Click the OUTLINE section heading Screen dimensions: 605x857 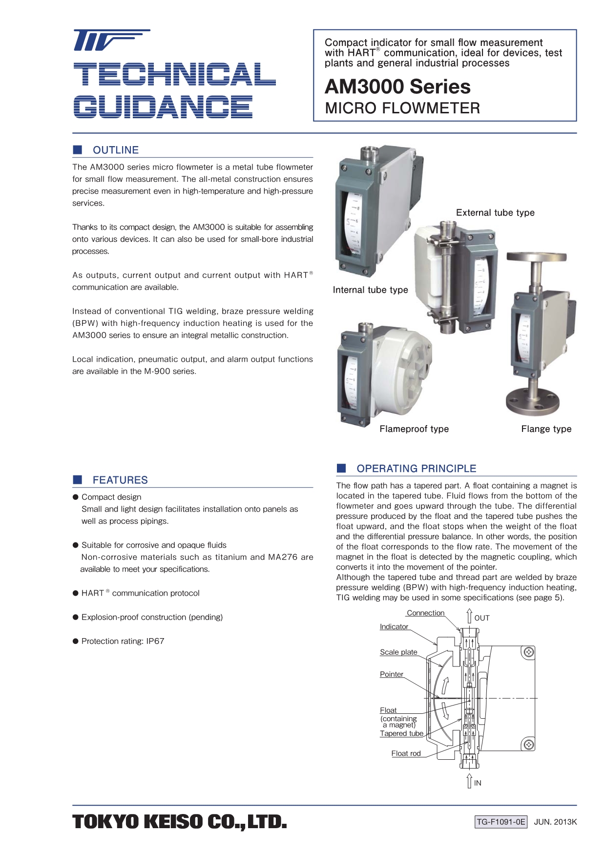coord(116,150)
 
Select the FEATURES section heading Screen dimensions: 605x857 coord(120,480)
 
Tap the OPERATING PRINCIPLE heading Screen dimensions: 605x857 coord(416,469)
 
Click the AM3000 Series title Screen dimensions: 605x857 coord(397,86)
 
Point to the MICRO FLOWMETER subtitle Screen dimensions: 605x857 coord(402,108)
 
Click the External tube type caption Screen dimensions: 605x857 coord(495,213)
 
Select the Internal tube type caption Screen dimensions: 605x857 coord(370,290)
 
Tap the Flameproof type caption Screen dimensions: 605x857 coord(414,429)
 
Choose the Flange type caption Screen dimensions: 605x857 coord(546,429)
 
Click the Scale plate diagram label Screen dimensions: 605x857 coord(398,652)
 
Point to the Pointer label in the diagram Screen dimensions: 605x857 coord(392,674)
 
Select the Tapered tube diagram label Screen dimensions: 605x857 coord(401,733)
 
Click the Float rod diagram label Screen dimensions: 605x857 coord(406,753)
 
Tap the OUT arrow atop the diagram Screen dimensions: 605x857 coord(469,616)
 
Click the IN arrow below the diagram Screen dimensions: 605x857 coord(469,781)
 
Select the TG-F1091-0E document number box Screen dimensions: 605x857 coord(501,822)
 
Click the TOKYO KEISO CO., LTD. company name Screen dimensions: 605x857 coord(179,822)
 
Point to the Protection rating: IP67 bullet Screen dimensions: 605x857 coord(123,641)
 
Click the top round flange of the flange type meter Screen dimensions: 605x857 coord(536,257)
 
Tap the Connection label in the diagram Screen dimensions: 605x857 coord(425,613)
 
